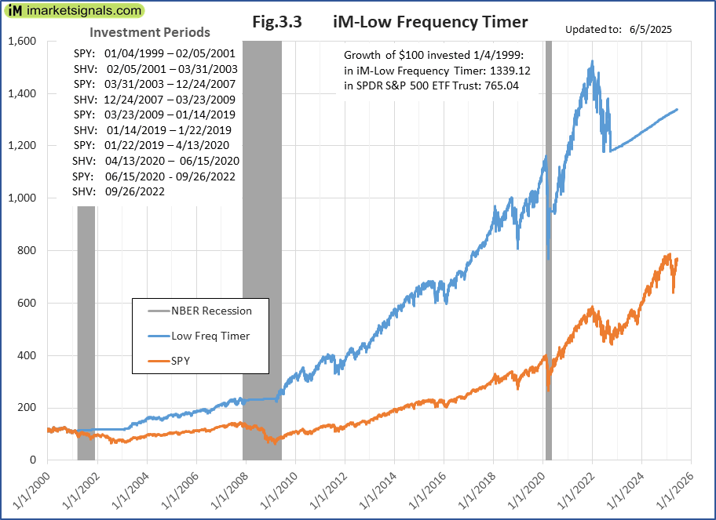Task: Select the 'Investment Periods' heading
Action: point(149,33)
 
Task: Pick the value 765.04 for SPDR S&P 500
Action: point(514,85)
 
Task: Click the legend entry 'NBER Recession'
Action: point(211,311)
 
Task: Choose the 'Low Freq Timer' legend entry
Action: point(210,336)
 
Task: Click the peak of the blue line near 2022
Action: point(591,61)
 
